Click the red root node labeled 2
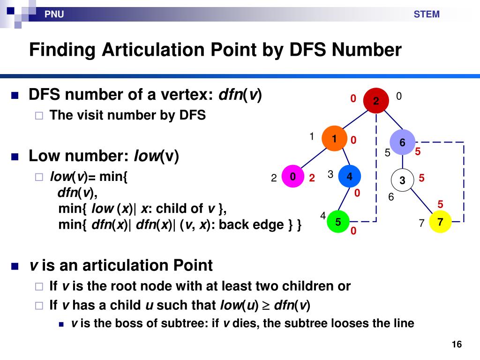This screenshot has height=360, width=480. click(377, 101)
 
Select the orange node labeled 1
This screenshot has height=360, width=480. click(334, 139)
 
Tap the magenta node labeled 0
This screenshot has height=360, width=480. click(292, 177)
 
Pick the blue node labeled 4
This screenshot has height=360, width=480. click(350, 177)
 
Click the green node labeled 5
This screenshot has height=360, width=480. click(338, 222)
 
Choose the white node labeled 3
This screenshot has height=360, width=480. click(402, 180)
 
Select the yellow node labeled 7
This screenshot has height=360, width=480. click(440, 222)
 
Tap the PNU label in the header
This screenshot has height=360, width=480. click(54, 15)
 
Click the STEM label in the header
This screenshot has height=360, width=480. click(427, 14)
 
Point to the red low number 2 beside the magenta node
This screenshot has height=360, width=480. click(312, 178)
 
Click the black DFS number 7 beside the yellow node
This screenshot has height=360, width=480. click(422, 224)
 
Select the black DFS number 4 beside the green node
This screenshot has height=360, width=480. click(323, 216)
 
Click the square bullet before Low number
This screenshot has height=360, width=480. click(15, 157)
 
